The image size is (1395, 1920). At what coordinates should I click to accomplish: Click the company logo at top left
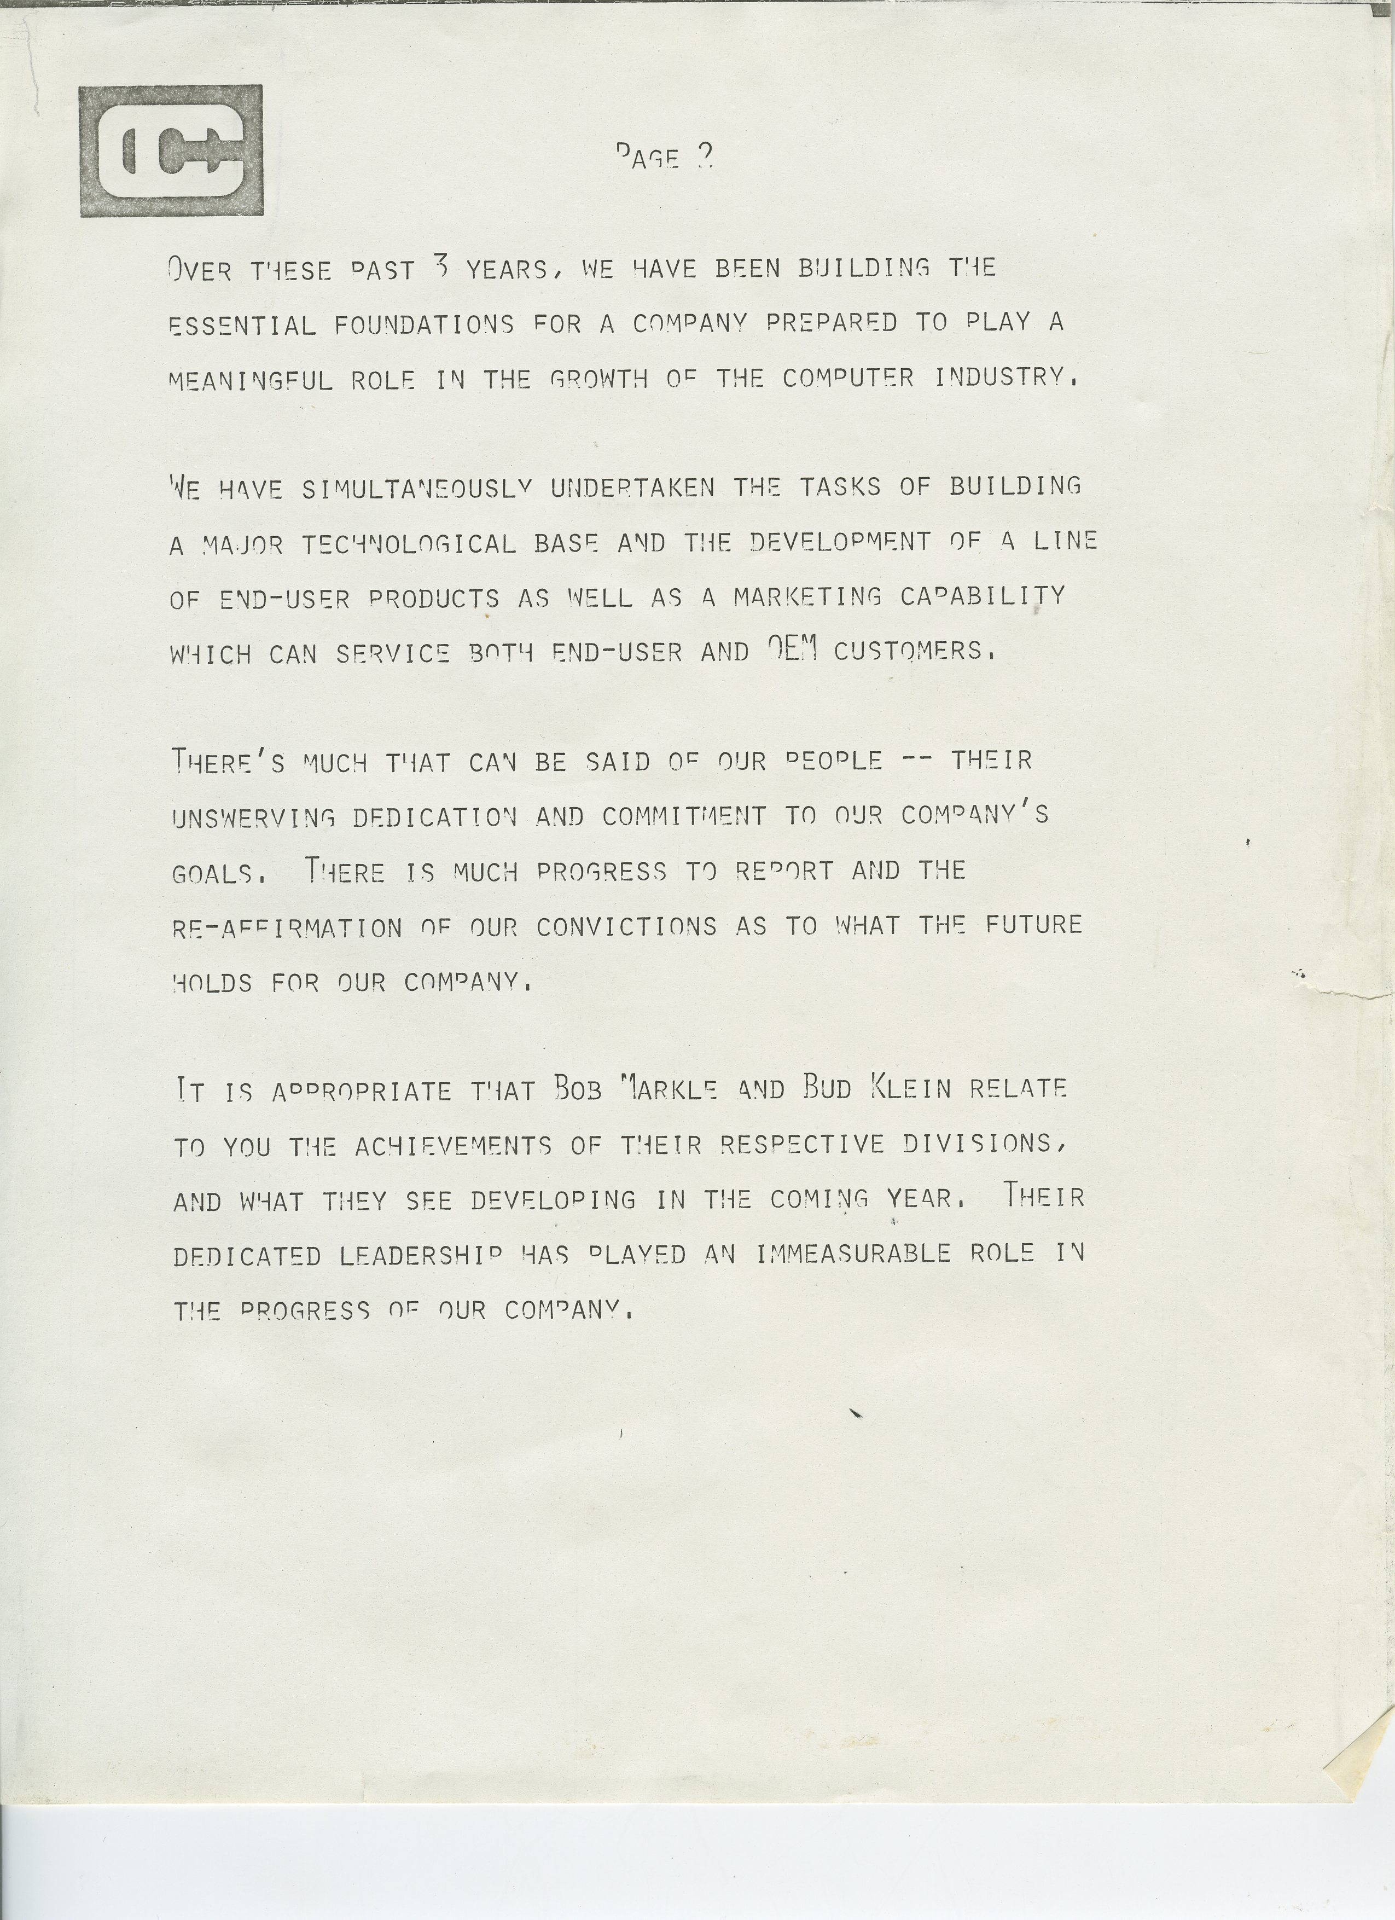[171, 150]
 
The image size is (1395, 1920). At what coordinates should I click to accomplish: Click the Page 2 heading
[665, 156]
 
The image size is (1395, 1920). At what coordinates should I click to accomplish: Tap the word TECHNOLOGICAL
[409, 543]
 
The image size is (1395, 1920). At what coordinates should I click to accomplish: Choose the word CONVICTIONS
[626, 926]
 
